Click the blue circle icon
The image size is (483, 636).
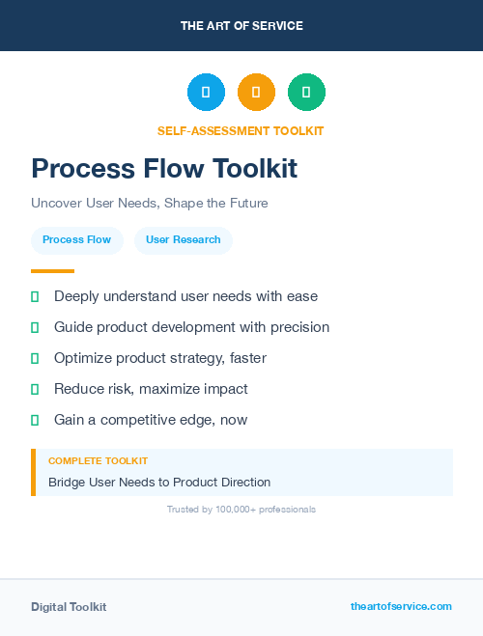click(x=206, y=92)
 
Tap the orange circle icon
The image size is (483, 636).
click(x=256, y=92)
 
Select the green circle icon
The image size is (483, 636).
click(x=306, y=92)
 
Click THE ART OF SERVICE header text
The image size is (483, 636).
click(x=241, y=26)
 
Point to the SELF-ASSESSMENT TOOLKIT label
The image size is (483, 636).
click(x=241, y=130)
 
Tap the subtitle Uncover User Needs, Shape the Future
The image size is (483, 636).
click(x=149, y=204)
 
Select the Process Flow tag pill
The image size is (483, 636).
click(x=76, y=239)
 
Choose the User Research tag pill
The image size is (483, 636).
click(x=184, y=239)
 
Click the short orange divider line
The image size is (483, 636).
click(x=52, y=271)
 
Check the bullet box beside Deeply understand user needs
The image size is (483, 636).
click(x=35, y=296)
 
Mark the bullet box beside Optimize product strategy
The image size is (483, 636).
click(x=35, y=358)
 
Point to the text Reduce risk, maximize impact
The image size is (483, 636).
click(x=151, y=389)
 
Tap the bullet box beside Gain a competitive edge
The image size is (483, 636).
click(x=35, y=420)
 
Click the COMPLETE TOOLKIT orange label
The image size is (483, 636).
click(x=98, y=461)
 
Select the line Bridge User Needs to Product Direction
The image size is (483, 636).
click(x=159, y=482)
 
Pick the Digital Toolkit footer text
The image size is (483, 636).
click(x=69, y=607)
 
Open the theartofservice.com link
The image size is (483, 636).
click(x=401, y=606)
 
